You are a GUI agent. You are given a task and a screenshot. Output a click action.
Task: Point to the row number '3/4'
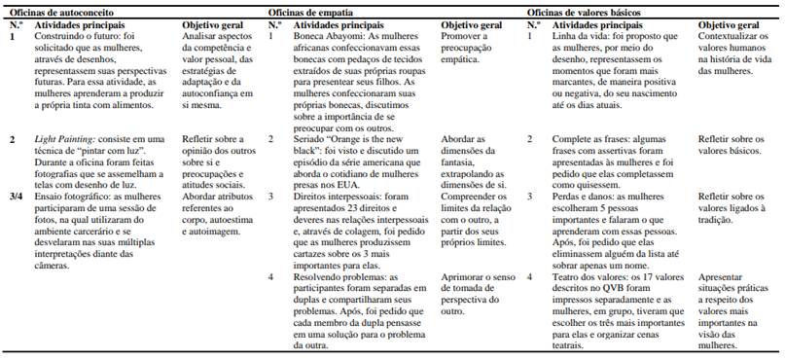coord(17,194)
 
